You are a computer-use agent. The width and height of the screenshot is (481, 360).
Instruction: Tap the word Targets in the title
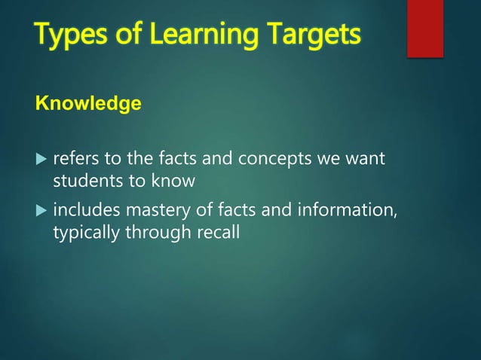click(313, 35)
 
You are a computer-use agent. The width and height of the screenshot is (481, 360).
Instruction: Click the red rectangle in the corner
click(425, 28)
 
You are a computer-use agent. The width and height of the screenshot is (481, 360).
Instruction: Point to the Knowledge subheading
click(87, 104)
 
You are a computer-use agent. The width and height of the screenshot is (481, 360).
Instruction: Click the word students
click(82, 182)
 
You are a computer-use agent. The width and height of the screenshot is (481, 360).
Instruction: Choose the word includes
click(85, 212)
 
